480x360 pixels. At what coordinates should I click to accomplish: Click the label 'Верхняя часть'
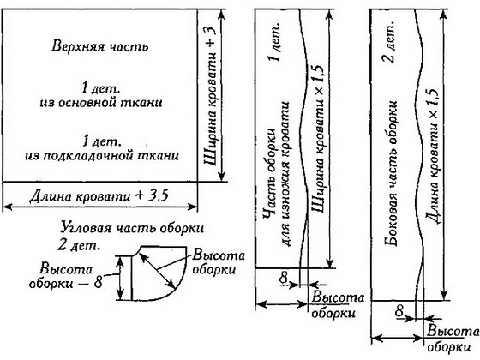99,47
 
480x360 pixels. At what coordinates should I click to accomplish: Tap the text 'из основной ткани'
101,103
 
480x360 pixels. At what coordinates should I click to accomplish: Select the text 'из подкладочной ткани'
102,156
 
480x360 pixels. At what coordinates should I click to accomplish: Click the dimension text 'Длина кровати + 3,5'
99,196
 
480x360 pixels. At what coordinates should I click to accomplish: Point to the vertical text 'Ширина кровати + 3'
211,95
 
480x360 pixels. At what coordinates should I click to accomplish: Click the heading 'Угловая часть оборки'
132,228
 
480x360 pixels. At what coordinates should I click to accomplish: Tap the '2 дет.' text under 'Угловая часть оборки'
79,245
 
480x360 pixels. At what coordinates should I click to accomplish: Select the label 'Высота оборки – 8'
66,276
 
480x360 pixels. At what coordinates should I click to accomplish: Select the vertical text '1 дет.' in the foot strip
275,42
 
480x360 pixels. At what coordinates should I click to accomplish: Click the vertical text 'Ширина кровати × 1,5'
318,138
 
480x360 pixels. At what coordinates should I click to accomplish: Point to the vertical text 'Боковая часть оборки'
391,173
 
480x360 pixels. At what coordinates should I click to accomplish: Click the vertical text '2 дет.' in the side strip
390,42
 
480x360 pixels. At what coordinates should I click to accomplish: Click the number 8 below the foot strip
284,278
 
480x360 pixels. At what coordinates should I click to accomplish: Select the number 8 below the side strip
399,312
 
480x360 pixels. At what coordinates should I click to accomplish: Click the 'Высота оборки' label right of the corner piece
219,263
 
